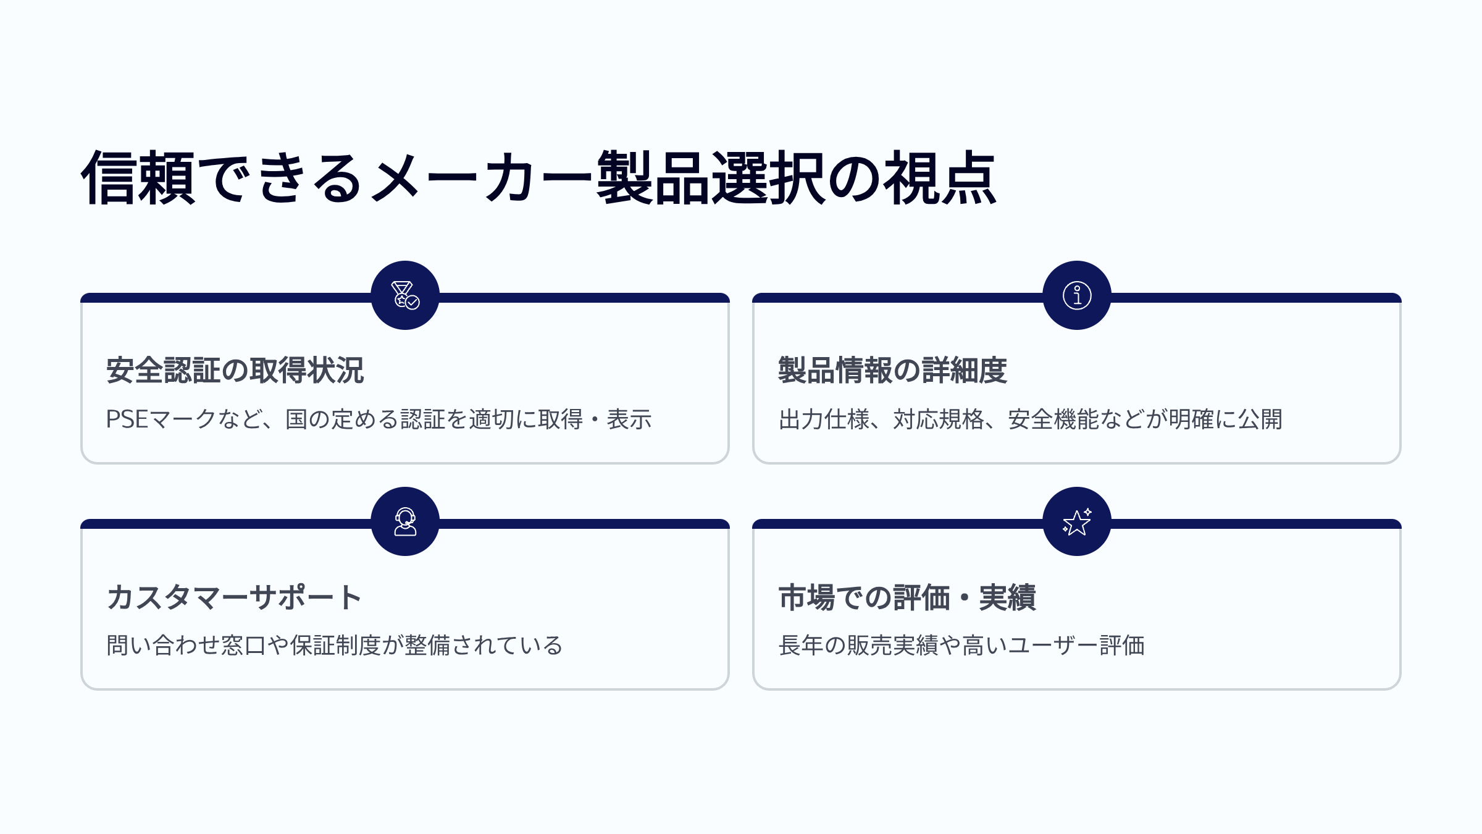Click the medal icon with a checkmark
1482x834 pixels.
pyautogui.click(x=405, y=295)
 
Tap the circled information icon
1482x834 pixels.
pyautogui.click(x=1077, y=295)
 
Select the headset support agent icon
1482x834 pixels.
pyautogui.click(x=405, y=521)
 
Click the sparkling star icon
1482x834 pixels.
pyautogui.click(x=1077, y=521)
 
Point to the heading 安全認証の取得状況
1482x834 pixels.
pyautogui.click(x=235, y=370)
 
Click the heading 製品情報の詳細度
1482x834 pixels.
pyautogui.click(x=893, y=370)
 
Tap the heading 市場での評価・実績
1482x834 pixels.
pyautogui.click(x=907, y=597)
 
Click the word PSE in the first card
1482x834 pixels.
pyautogui.click(x=127, y=419)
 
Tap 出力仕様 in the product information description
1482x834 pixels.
pyautogui.click(x=824, y=419)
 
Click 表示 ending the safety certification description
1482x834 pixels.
pyautogui.click(x=629, y=419)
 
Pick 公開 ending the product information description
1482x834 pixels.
pyautogui.click(x=1260, y=419)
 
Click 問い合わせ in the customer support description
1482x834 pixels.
pyautogui.click(x=163, y=646)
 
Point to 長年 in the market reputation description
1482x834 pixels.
pyautogui.click(x=801, y=646)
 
